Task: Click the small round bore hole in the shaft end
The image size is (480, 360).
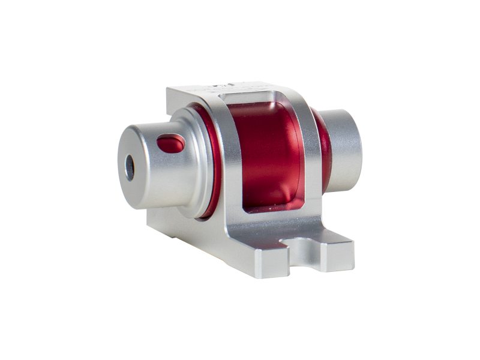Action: pyautogui.click(x=130, y=167)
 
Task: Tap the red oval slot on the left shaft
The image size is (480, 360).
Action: pyautogui.click(x=170, y=143)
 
